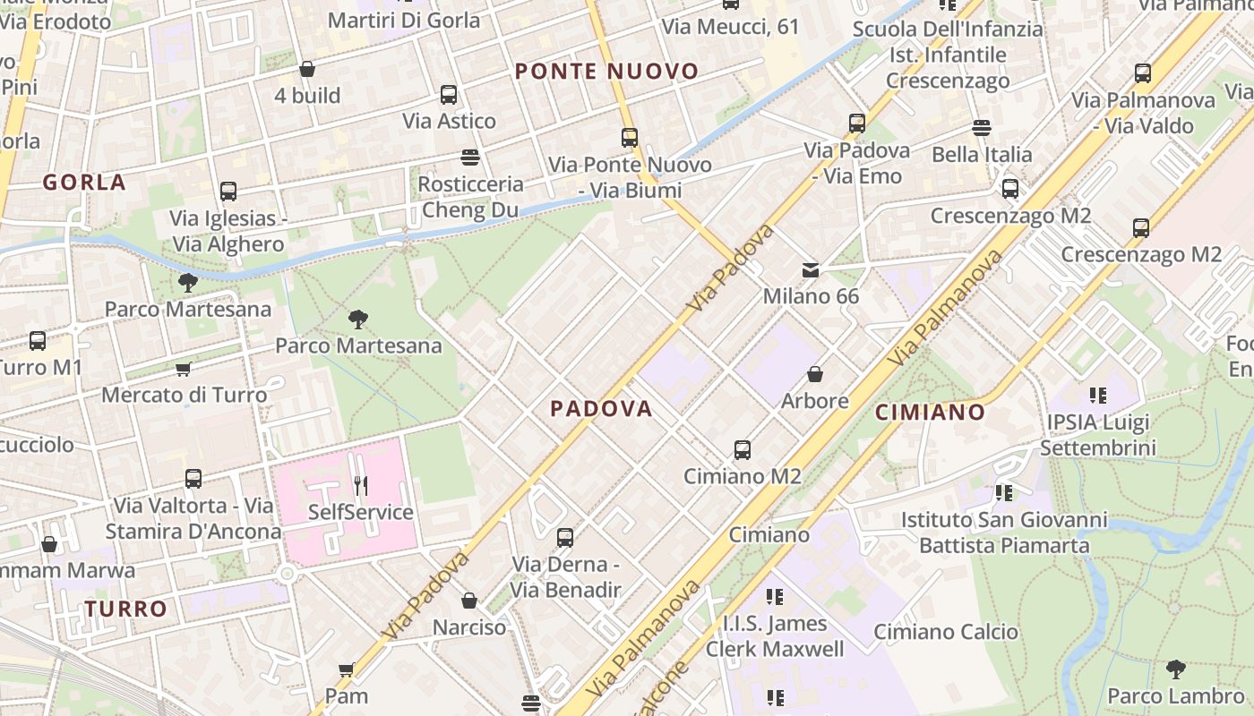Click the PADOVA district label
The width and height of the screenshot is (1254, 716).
pyautogui.click(x=601, y=409)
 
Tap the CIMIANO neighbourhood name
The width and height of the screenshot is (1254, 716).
pyautogui.click(x=930, y=413)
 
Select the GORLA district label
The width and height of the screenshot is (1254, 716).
pyautogui.click(x=84, y=183)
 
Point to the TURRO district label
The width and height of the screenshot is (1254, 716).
pyautogui.click(x=126, y=609)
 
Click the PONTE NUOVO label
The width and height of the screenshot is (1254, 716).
pyautogui.click(x=606, y=72)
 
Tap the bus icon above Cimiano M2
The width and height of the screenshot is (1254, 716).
pyautogui.click(x=742, y=450)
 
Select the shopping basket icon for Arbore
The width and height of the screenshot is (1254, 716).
pyautogui.click(x=815, y=374)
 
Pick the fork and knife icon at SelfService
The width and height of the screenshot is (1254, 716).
pyautogui.click(x=360, y=486)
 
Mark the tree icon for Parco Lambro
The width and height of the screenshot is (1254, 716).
pyautogui.click(x=1175, y=669)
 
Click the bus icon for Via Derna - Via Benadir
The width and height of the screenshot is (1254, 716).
pyautogui.click(x=565, y=538)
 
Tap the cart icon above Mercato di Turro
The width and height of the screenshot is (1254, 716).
pyautogui.click(x=184, y=369)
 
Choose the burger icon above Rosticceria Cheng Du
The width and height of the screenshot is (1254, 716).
pyautogui.click(x=471, y=158)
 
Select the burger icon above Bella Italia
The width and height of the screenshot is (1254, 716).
pyautogui.click(x=982, y=128)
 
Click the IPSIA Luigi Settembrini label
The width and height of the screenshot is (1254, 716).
pyautogui.click(x=1101, y=434)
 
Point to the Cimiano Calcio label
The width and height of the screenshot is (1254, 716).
pyautogui.click(x=946, y=632)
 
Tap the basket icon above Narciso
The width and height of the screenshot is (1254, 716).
pyautogui.click(x=469, y=601)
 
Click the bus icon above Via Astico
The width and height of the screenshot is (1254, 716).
pyautogui.click(x=449, y=95)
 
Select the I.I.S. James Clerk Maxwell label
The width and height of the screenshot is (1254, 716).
pyautogui.click(x=775, y=635)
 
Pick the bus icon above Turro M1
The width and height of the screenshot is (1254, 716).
pyautogui.click(x=38, y=341)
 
